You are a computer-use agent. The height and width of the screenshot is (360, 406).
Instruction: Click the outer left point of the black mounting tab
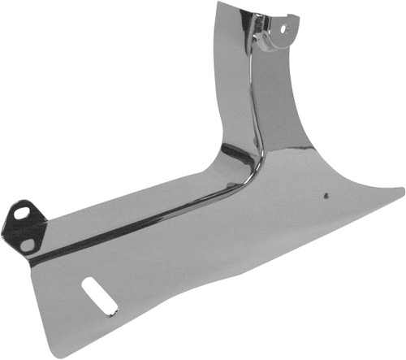(x=2, y=232)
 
